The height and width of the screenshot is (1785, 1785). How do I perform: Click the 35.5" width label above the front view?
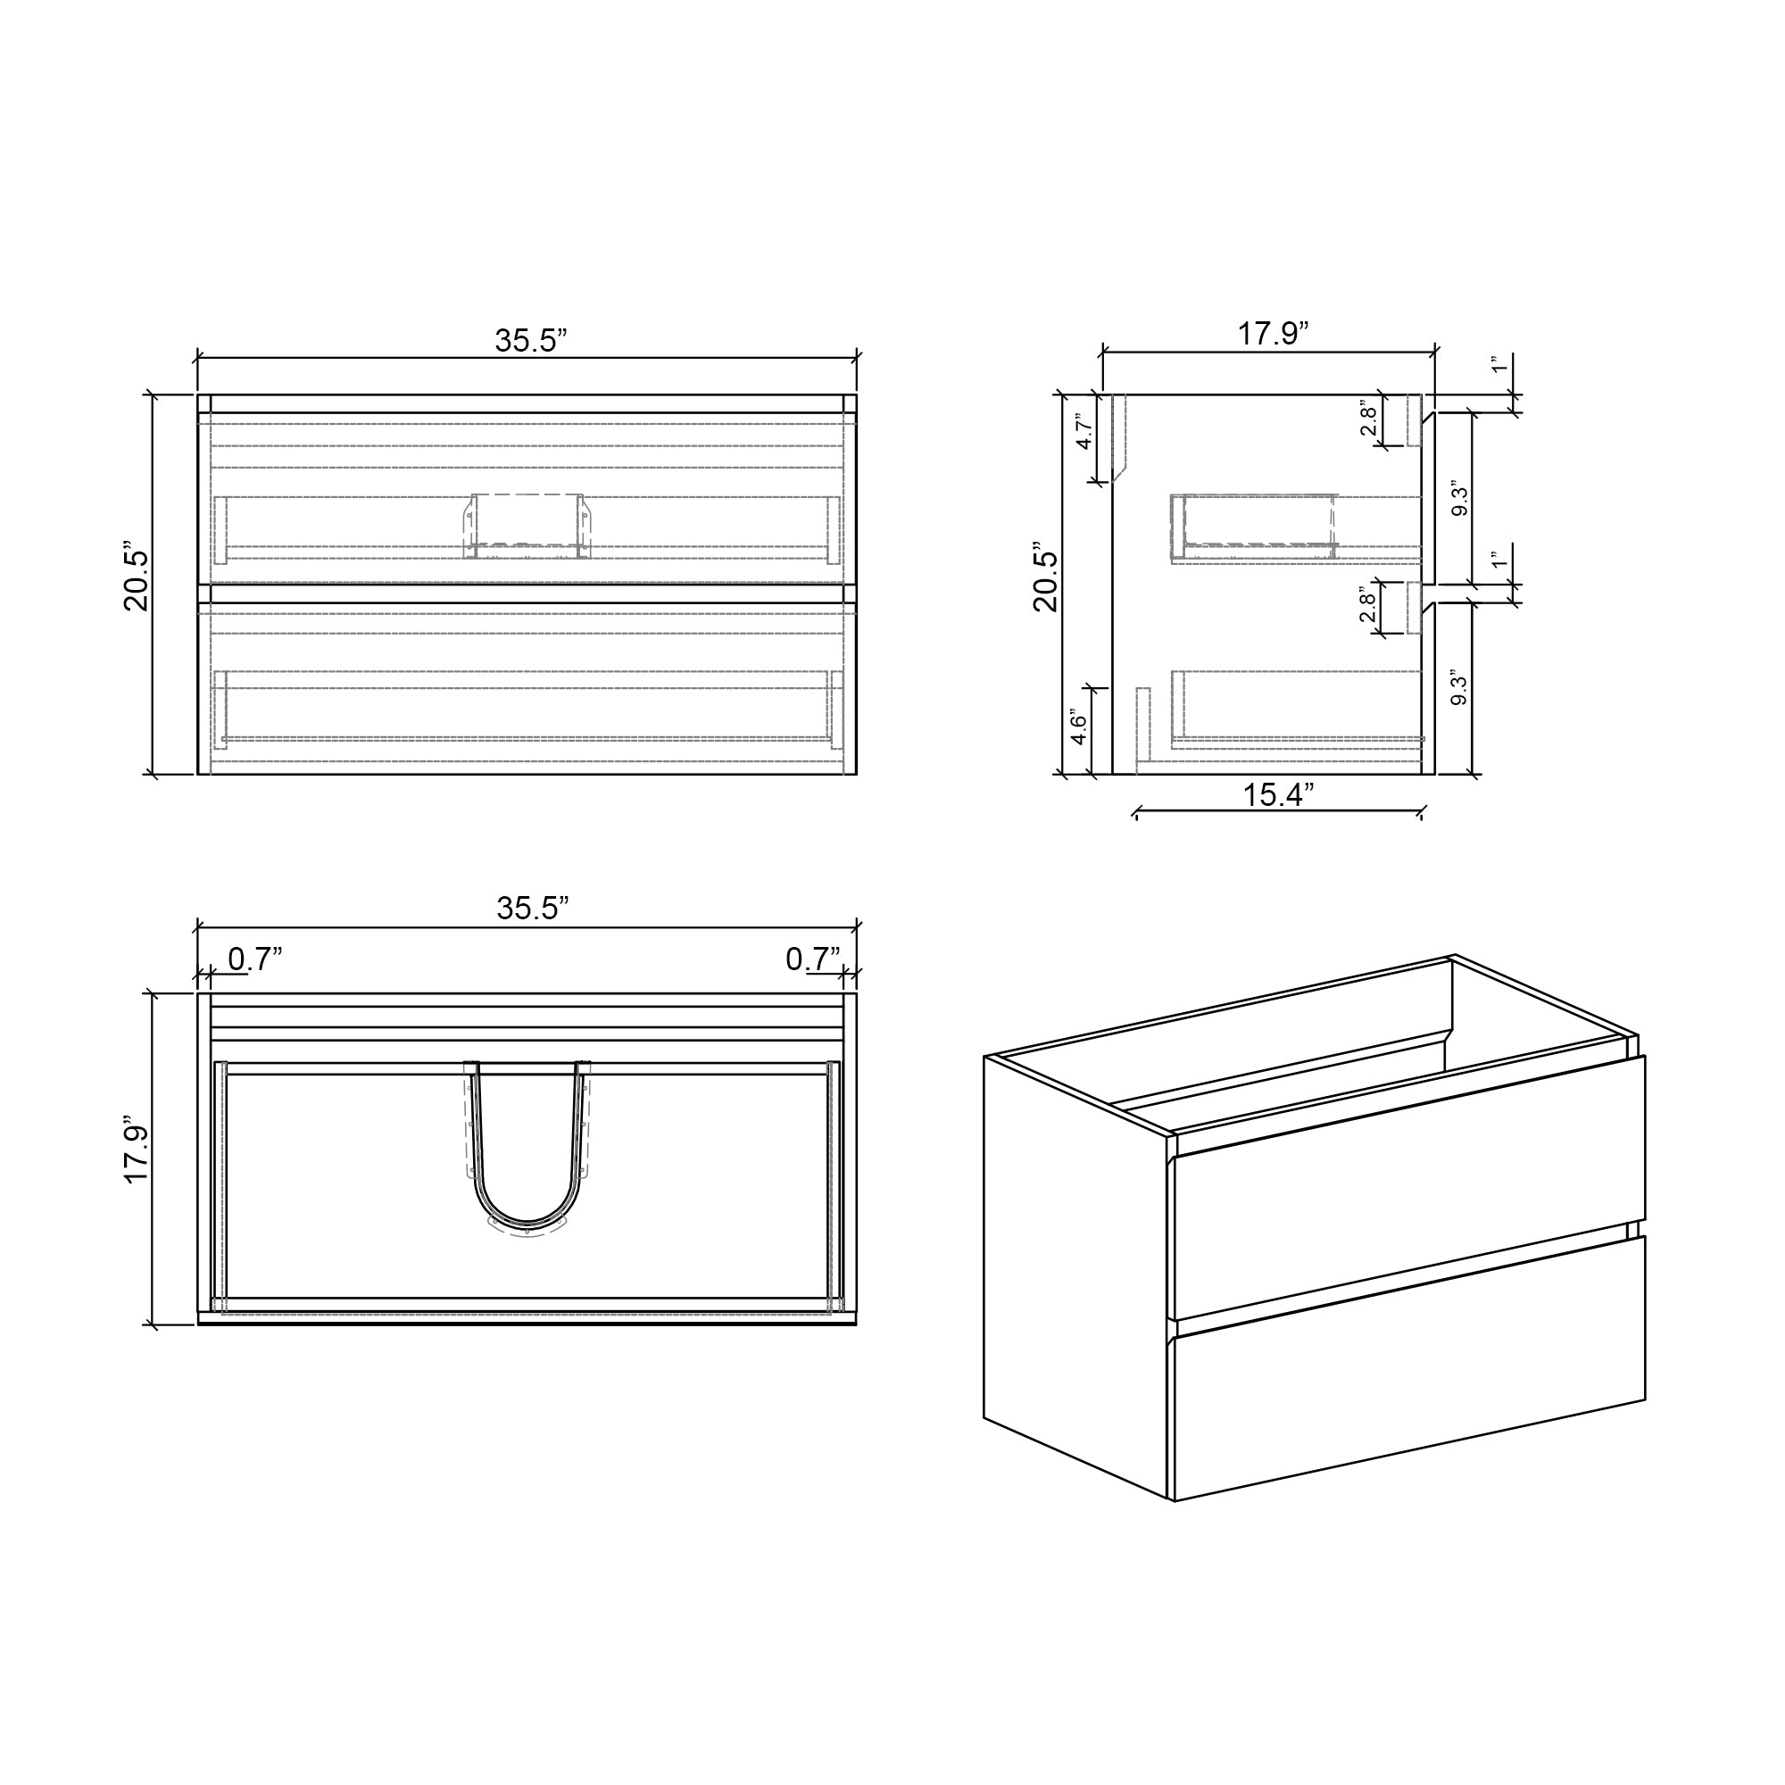[529, 340]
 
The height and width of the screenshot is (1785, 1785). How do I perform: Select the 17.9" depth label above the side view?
[1274, 334]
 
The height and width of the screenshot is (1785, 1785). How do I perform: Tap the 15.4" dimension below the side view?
[1278, 794]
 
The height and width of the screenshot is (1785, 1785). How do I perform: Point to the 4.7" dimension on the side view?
[1085, 430]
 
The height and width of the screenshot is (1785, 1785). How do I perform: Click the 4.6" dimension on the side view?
[1078, 728]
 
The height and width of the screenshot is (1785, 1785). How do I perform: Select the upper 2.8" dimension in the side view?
[1369, 418]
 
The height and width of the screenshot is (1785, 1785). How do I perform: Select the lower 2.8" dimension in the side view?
[1369, 605]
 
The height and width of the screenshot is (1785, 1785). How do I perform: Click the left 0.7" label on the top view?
[254, 959]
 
